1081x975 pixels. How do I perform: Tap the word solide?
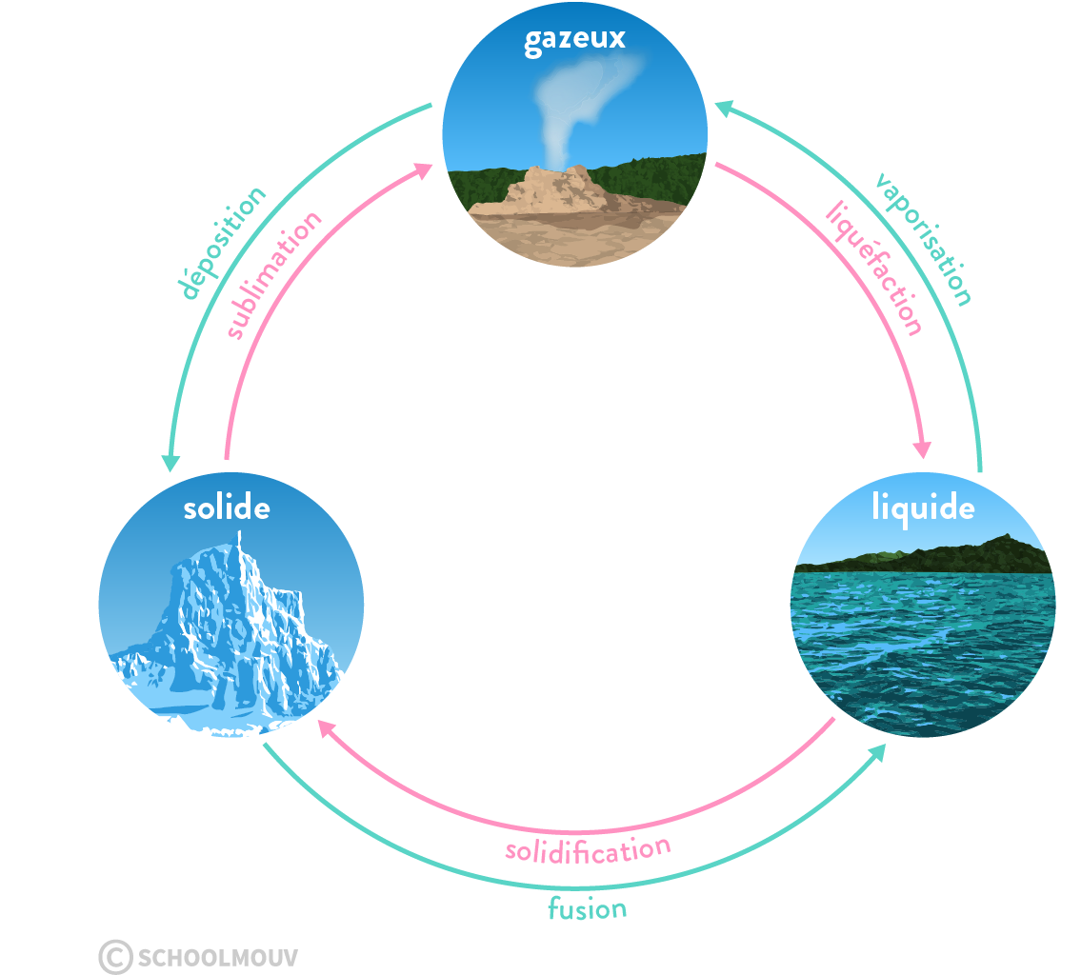coord(227,507)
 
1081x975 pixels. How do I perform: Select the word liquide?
coord(923,508)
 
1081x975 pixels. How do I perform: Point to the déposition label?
coord(222,243)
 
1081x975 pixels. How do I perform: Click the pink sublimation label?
coord(274,275)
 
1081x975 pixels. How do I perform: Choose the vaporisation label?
coord(924,239)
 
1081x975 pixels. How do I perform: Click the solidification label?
coord(588,850)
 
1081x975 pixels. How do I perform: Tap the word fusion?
coord(588,908)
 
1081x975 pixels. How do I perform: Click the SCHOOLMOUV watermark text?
coord(218,957)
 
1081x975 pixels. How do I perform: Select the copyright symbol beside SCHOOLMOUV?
coord(115,957)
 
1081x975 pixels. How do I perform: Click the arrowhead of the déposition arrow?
coord(170,463)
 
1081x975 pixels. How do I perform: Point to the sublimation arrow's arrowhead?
coord(423,169)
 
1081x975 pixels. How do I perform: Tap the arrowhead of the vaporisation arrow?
coord(725,109)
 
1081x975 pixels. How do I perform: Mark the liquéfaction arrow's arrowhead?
coord(923,449)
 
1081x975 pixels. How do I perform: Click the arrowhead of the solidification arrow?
coord(326,726)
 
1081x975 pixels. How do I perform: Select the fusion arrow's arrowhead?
coord(877,752)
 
